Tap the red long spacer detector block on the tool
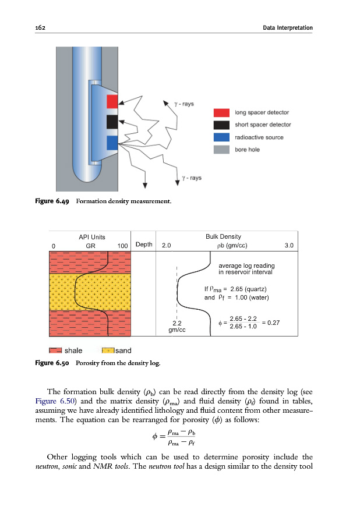(112, 101)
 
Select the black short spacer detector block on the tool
(112, 122)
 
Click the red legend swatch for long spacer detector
(221, 112)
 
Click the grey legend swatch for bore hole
(221, 150)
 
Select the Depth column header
(144, 245)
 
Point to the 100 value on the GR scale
(122, 246)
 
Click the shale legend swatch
(55, 351)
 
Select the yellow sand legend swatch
(108, 351)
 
